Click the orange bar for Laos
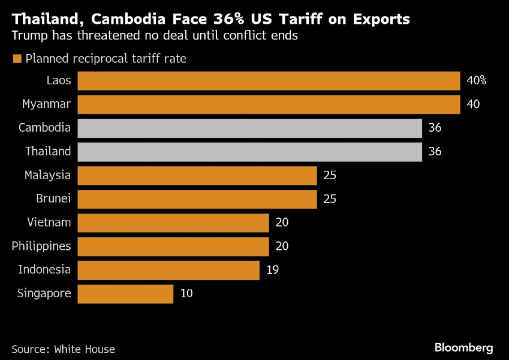pyautogui.click(x=269, y=81)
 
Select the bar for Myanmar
pyautogui.click(x=269, y=105)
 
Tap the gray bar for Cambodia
pyautogui.click(x=249, y=128)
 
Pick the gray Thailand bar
pyautogui.click(x=249, y=152)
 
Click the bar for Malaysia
pyautogui.click(x=197, y=176)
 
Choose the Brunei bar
pyautogui.click(x=197, y=199)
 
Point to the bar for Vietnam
pyautogui.click(x=173, y=223)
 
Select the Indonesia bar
pyautogui.click(x=168, y=270)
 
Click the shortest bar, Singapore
pyautogui.click(x=125, y=294)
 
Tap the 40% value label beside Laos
pyautogui.click(x=476, y=81)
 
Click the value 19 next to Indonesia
pyautogui.click(x=272, y=270)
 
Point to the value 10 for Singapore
pyautogui.click(x=186, y=294)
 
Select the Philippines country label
pyautogui.click(x=41, y=246)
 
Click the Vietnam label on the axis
pyautogui.click(x=49, y=223)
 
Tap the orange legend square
pyautogui.click(x=16, y=59)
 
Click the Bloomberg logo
pyautogui.click(x=464, y=347)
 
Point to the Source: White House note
pyautogui.click(x=63, y=349)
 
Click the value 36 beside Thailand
pyautogui.click(x=434, y=152)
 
